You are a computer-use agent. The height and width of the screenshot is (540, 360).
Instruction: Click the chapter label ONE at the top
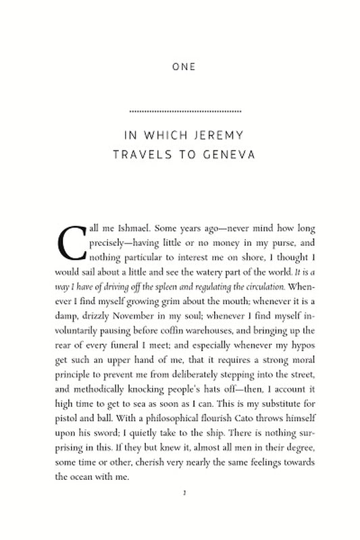(184, 67)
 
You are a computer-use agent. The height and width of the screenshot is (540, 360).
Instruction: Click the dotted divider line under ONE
(184, 110)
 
